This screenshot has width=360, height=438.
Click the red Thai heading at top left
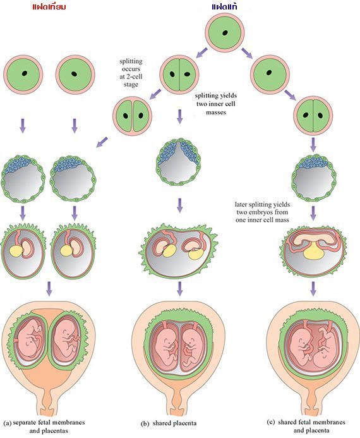click(49, 6)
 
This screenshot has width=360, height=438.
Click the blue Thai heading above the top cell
click(224, 6)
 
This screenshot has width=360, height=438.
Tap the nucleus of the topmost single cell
click(225, 33)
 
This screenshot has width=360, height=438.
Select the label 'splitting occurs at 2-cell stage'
click(131, 73)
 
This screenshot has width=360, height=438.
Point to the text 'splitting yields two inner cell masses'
click(216, 104)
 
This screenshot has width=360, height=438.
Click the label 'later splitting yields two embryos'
click(262, 212)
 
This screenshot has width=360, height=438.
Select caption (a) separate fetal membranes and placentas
click(44, 426)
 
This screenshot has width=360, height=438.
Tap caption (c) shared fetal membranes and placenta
click(306, 426)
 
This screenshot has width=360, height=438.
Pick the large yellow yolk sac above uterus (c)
click(314, 252)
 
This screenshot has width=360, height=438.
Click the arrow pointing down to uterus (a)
click(49, 289)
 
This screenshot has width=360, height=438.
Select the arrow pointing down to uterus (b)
click(180, 289)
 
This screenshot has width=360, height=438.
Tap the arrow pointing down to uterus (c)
click(313, 289)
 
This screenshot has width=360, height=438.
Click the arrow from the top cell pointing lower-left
click(201, 53)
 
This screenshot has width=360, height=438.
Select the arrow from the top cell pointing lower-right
click(247, 53)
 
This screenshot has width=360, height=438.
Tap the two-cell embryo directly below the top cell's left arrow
click(179, 75)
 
